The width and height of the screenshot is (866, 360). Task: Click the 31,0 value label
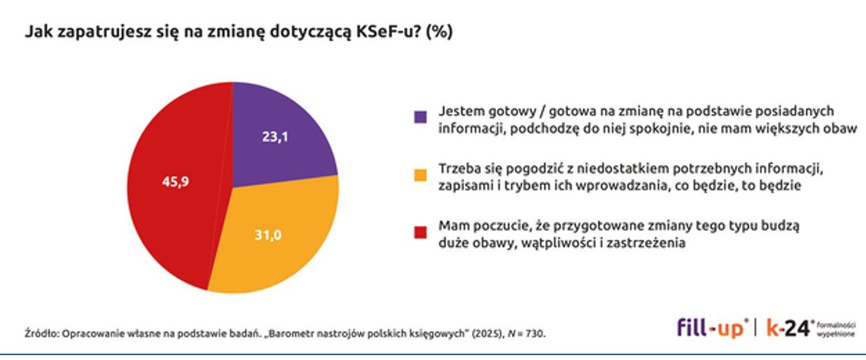[x=267, y=236]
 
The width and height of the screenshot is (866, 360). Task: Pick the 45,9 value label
[x=175, y=181]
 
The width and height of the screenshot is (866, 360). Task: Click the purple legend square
[x=420, y=117]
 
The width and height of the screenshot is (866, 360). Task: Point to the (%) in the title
[x=440, y=32]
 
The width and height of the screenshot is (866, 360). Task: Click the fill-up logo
[x=711, y=328]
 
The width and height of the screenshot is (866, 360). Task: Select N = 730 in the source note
[x=526, y=333]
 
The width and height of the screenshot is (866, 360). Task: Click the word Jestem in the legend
[x=459, y=111]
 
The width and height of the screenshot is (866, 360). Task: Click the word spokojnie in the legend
[x=661, y=127]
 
